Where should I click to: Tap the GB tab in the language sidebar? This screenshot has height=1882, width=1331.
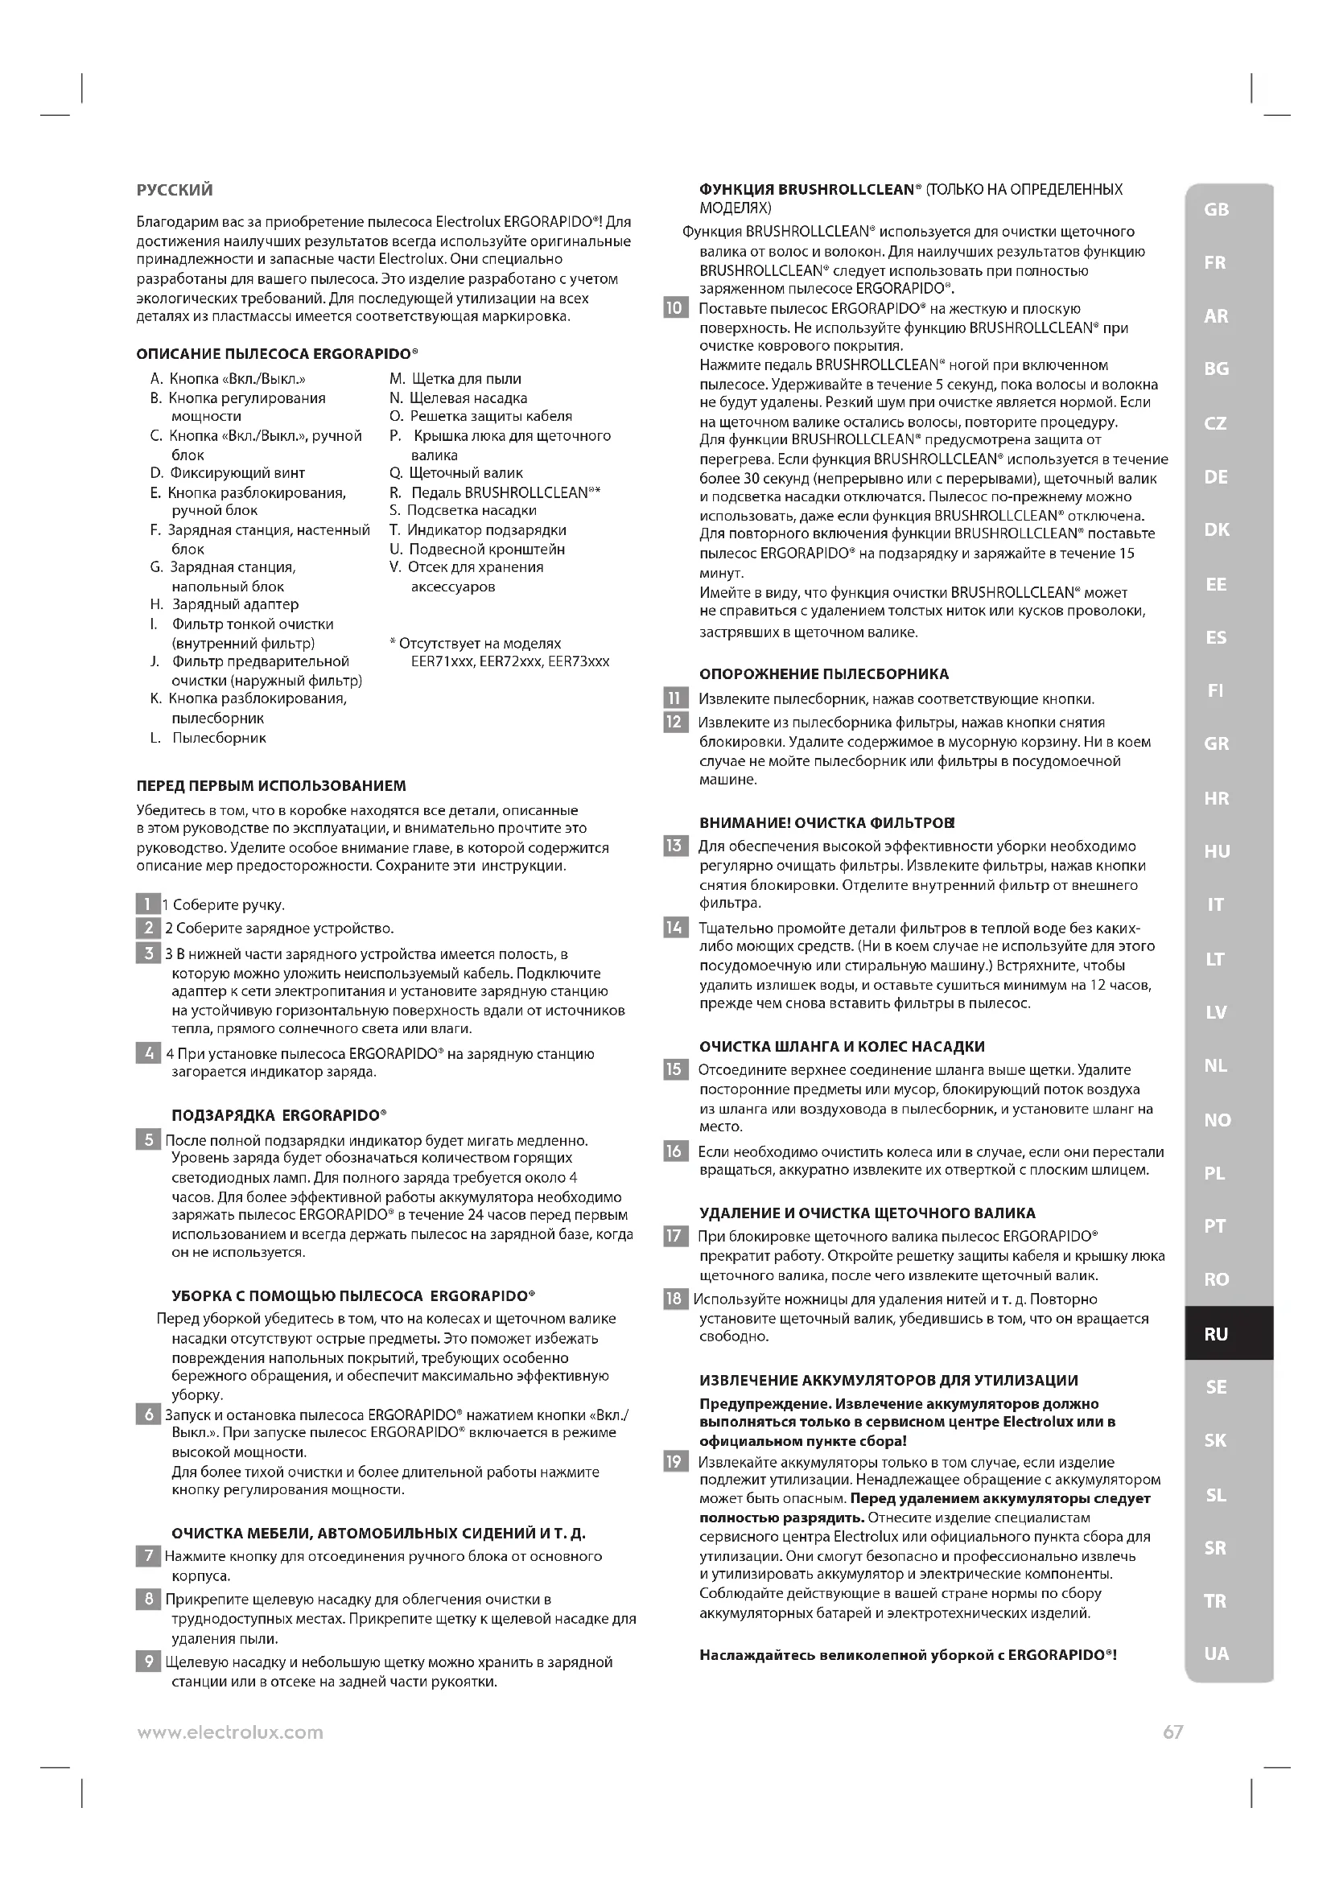[1216, 210]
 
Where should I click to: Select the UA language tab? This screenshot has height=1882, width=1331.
[1216, 1653]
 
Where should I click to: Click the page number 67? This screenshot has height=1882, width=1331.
[1172, 1732]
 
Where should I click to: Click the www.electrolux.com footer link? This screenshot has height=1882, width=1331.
[230, 1733]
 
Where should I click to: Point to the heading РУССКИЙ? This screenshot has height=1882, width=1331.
[175, 190]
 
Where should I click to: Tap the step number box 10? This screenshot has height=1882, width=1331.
[674, 308]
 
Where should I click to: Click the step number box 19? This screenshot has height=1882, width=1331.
[674, 1461]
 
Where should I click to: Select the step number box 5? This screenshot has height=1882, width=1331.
[148, 1139]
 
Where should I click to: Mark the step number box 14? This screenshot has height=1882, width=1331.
[674, 928]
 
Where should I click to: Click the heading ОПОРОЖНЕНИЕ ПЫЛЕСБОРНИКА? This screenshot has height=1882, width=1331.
[824, 674]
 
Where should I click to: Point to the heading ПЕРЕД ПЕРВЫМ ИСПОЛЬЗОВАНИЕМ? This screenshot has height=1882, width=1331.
[270, 786]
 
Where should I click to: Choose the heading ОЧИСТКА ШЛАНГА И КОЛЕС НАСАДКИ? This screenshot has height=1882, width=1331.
[842, 1047]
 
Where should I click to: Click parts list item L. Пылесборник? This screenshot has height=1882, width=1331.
[209, 738]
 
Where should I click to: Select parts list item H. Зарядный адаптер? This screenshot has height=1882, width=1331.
[225, 604]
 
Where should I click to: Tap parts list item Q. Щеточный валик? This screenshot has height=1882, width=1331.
[456, 473]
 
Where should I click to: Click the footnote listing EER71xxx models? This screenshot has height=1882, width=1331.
[500, 653]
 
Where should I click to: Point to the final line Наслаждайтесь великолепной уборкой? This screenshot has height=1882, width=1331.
[908, 1655]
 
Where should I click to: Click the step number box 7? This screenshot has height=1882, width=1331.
[148, 1556]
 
